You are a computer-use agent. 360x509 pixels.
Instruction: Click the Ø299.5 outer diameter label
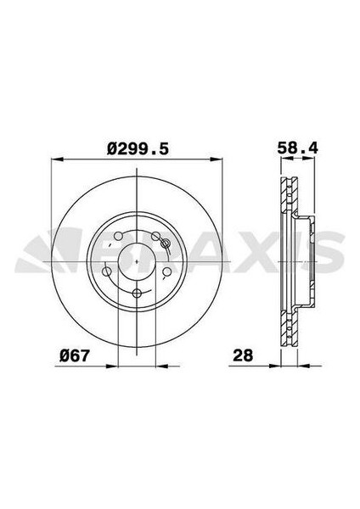click(137, 148)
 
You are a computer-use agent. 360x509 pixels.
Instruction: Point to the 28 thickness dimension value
click(245, 355)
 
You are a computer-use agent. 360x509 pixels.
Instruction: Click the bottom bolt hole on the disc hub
click(137, 293)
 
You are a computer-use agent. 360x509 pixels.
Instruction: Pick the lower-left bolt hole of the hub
click(108, 271)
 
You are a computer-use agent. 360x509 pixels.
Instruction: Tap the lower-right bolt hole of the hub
click(166, 271)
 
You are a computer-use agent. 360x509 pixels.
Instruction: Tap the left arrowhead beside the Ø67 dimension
click(112, 366)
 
